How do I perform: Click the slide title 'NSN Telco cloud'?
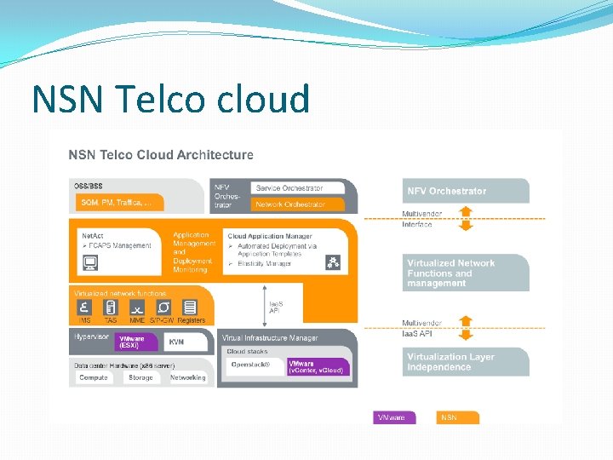tap(170, 100)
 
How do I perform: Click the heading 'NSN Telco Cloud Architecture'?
tap(161, 155)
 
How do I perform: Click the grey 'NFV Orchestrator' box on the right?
tap(465, 191)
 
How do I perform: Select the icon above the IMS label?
tap(84, 308)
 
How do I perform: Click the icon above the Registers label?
tap(191, 308)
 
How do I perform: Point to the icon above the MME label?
tap(136, 308)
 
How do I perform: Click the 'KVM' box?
tap(187, 342)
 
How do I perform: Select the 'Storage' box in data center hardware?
tap(140, 377)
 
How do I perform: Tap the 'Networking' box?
tap(188, 377)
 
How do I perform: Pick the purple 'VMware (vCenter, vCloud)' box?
tap(318, 366)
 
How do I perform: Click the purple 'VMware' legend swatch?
tap(395, 417)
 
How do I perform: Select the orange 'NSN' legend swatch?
tap(459, 417)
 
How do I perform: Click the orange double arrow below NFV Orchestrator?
tap(465, 219)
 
